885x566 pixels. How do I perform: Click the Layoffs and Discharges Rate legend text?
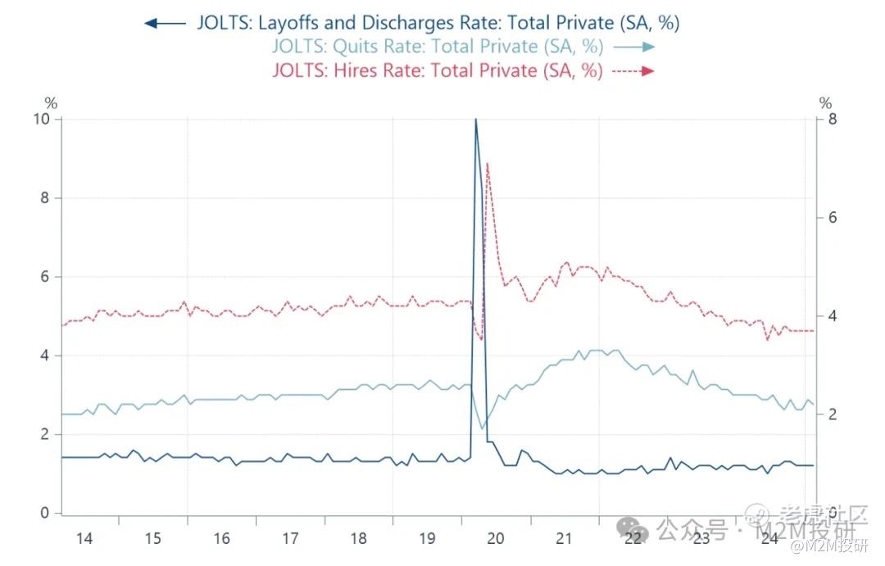438,22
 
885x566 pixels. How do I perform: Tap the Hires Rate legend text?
437,70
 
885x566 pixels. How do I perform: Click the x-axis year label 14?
84,539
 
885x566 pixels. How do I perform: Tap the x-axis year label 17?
289,539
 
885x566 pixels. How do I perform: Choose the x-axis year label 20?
495,539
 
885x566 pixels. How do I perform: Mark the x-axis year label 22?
632,539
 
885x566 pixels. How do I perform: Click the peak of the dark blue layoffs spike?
475,120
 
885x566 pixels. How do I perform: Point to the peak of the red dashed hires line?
488,163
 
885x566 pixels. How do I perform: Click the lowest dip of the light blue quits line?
482,428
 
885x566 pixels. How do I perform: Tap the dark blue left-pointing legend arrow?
165,23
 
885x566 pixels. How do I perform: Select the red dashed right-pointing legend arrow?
634,71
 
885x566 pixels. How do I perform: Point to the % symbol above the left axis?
51,104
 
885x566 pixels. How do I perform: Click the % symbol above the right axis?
825,104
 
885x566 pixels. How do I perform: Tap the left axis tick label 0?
46,514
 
